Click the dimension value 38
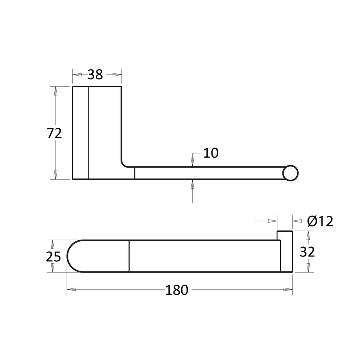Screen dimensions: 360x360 point(95,75)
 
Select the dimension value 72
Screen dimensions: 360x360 point(54,133)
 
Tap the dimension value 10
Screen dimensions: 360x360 point(211,153)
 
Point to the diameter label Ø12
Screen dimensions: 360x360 point(320,221)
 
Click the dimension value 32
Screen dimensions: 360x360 point(307,251)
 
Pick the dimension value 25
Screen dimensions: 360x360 point(53,256)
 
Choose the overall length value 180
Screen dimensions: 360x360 point(177,290)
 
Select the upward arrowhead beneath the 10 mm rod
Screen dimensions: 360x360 point(193,183)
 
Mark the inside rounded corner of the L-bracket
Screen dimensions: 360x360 point(124,163)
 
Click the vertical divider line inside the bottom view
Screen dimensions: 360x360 point(129,256)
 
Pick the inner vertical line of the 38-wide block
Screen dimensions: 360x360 point(88,133)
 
